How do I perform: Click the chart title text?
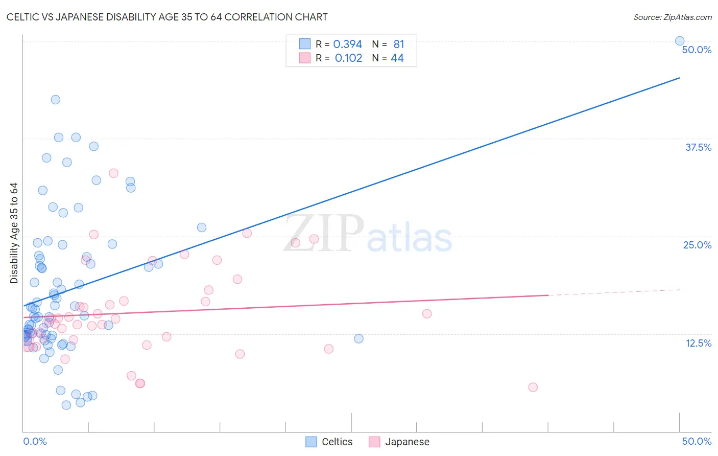[167, 17]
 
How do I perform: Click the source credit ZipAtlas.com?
[672, 17]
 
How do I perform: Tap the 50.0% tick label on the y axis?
[697, 50]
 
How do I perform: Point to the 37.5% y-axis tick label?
[698, 147]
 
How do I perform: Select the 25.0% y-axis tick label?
[697, 245]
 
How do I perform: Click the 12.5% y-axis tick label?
[698, 343]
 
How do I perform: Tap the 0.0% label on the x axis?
[35, 441]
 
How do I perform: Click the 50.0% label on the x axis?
[697, 441]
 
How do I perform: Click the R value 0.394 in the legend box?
[347, 44]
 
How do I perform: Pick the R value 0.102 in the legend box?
[348, 58]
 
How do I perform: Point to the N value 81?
[399, 44]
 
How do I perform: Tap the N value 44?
[397, 58]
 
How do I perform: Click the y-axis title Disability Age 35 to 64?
[14, 233]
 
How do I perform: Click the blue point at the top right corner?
[680, 41]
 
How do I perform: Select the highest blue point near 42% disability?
[56, 100]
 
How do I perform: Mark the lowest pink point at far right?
[533, 387]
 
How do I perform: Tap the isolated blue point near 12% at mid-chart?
[358, 338]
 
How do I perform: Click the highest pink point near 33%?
[113, 173]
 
